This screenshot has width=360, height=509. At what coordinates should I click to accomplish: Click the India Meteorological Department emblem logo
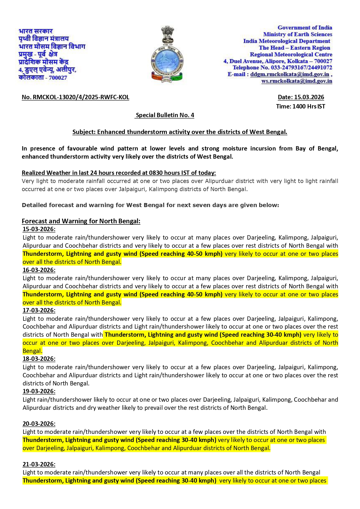[167, 55]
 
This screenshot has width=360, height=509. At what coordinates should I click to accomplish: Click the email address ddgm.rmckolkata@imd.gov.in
[290, 74]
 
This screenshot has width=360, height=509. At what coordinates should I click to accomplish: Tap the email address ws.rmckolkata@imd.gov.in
[296, 81]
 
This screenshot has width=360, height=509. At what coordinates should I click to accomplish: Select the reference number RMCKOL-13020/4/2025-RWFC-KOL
[75, 97]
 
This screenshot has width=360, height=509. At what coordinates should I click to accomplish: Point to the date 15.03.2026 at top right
[301, 97]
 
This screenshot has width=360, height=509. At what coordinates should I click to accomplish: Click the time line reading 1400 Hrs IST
[301, 106]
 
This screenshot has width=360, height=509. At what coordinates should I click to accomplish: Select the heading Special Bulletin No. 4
[165, 115]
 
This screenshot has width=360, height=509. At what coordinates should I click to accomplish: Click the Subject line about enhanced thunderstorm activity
[180, 132]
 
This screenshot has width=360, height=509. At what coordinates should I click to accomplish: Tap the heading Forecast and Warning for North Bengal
[81, 221]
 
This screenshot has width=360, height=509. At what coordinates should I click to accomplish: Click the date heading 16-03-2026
[39, 270]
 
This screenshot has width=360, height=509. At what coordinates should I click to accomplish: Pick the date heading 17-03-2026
[39, 310]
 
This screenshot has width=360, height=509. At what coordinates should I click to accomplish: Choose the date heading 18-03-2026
[39, 359]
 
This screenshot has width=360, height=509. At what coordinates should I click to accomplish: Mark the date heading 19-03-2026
[39, 391]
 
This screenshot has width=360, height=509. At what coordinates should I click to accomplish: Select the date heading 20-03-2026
[39, 424]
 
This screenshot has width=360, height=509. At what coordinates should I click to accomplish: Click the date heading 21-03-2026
[39, 464]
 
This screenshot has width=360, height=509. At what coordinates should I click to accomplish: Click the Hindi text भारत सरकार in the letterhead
[36, 31]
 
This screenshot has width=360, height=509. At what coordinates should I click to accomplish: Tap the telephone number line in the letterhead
[282, 68]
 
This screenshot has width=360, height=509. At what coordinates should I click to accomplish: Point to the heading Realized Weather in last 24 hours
[119, 173]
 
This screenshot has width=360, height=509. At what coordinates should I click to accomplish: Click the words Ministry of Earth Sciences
[297, 34]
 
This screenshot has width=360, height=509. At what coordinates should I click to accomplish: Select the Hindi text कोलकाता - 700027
[43, 77]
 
